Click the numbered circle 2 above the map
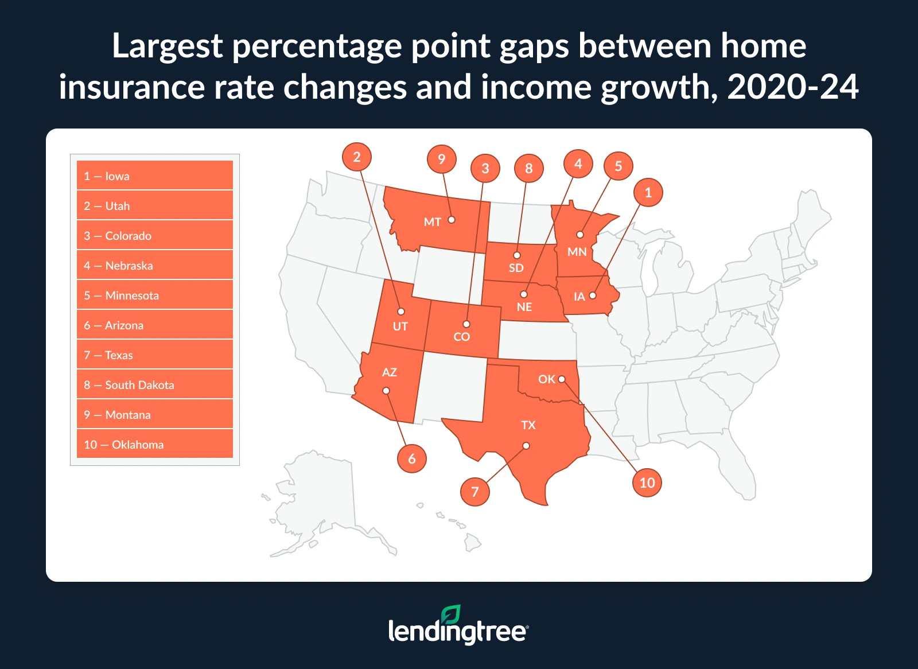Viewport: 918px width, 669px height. [x=357, y=157]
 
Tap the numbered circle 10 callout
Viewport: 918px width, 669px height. [x=647, y=483]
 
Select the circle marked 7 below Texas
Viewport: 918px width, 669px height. [x=475, y=492]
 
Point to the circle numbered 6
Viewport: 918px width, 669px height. [x=412, y=458]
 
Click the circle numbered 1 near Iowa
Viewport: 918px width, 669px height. [x=648, y=192]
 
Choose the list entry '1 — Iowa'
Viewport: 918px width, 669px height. [x=155, y=176]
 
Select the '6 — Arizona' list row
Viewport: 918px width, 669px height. [x=155, y=325]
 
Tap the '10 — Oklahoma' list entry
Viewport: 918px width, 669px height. [x=155, y=445]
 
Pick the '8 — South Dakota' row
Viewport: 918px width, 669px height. [x=155, y=385]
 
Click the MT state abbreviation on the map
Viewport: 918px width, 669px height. [x=432, y=222]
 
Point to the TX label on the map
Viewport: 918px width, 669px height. [x=528, y=425]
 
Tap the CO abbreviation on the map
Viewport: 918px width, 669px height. [x=462, y=337]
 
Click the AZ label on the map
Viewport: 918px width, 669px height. [x=390, y=372]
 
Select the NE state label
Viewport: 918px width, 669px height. [x=524, y=307]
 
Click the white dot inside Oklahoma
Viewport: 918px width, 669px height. [x=562, y=379]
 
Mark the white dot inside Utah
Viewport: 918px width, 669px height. [x=401, y=312]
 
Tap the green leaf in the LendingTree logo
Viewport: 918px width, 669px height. [x=451, y=614]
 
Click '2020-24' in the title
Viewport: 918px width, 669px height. [x=793, y=87]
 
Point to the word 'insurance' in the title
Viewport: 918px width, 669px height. [x=131, y=87]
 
